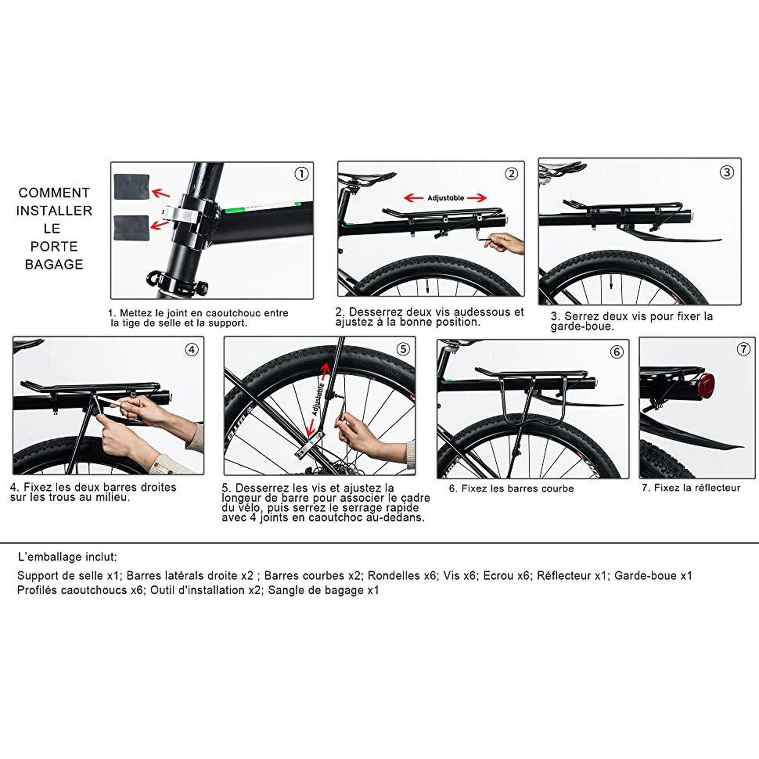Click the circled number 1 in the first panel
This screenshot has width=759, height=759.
pos(301,174)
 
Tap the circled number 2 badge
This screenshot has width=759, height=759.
pos(511,174)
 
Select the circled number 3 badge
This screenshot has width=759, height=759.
pos(727,172)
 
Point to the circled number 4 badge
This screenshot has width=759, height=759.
pos(191,350)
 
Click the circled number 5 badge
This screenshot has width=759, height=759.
pos(403,349)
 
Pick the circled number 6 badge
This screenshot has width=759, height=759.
pos(616,352)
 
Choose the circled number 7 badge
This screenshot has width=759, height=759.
pos(743,349)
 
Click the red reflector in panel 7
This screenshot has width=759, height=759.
pos(706,385)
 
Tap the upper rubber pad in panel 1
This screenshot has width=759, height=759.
pos(131,187)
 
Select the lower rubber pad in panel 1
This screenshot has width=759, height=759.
pos(131,228)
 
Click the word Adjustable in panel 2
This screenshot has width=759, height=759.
pos(446,198)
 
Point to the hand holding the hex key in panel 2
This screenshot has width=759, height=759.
pos(505,243)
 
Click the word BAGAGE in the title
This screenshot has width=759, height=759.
pos(54,265)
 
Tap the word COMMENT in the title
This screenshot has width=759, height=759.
pos(54,193)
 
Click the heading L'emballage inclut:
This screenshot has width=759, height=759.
pos(67,557)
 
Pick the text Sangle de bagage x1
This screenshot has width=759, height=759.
pos(323,591)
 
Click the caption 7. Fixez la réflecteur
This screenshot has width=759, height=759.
pos(691,488)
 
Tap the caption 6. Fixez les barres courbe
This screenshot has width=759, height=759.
pos(511,489)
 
